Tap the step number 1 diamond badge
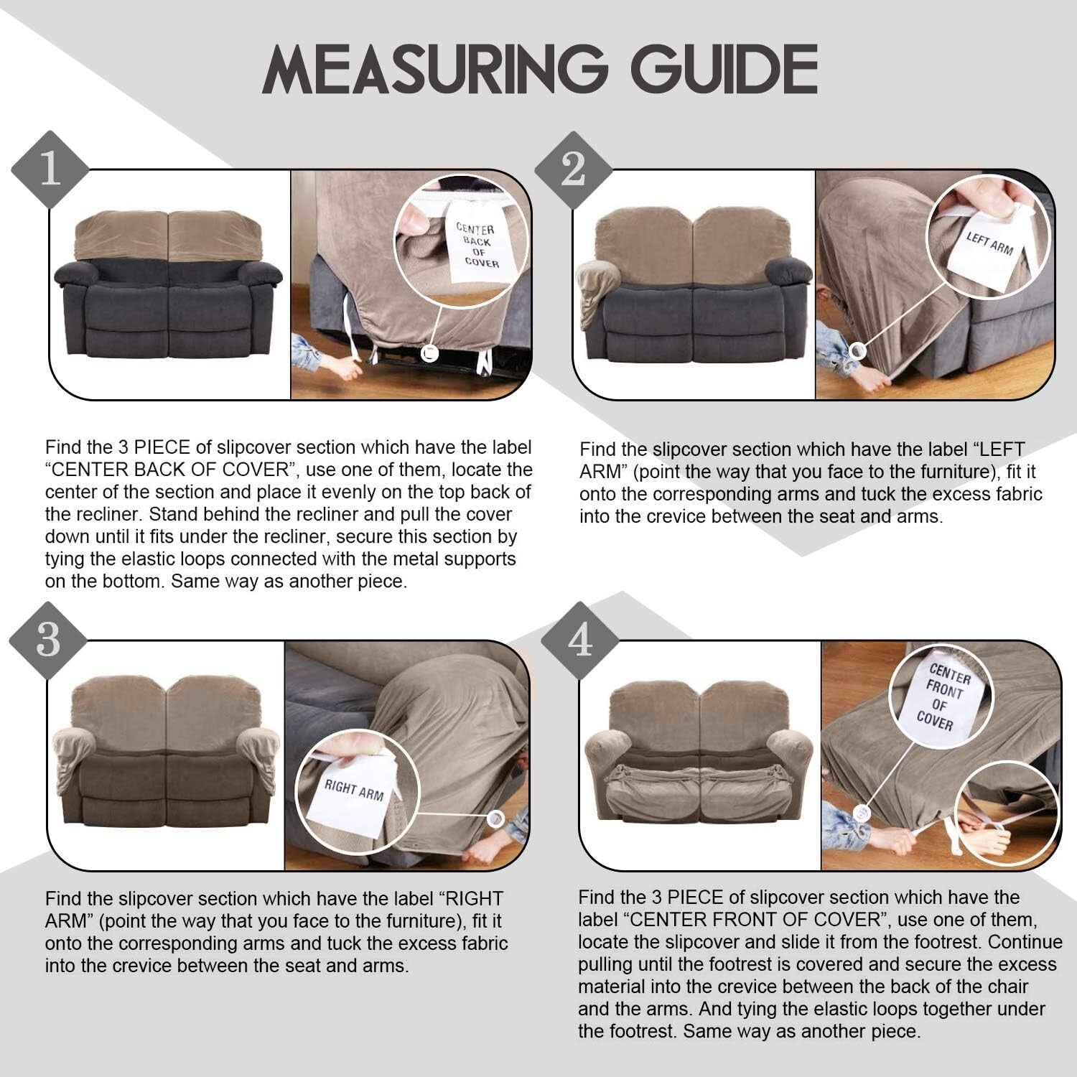click(x=50, y=171)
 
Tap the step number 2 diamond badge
click(x=573, y=171)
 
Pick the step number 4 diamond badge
click(x=579, y=640)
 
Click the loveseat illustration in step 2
click(x=694, y=287)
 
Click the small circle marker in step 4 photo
click(x=861, y=812)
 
